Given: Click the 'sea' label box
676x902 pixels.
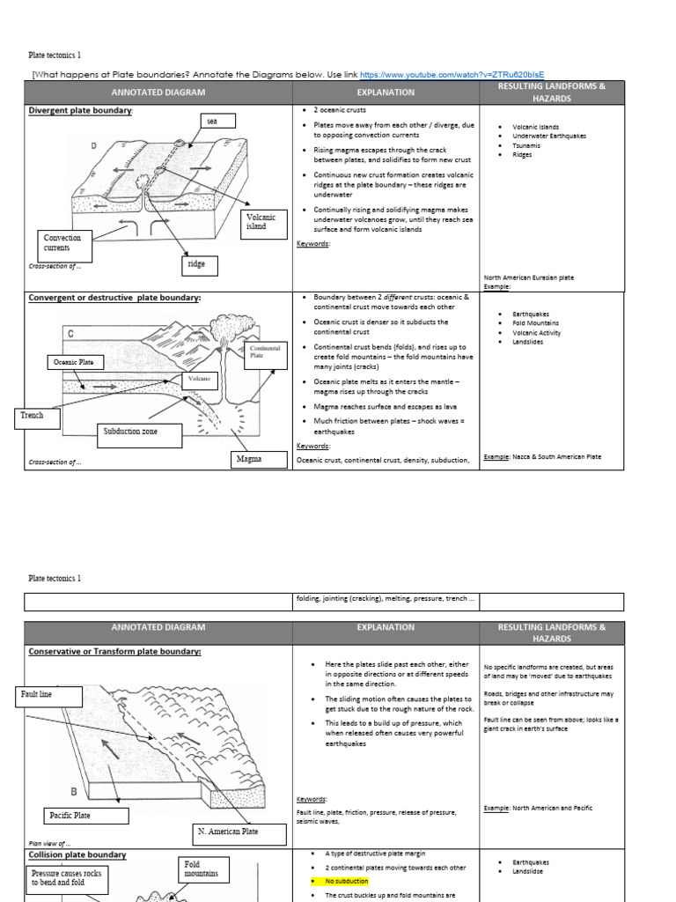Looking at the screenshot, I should click(211, 121).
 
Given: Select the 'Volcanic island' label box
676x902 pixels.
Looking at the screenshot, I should click(261, 221).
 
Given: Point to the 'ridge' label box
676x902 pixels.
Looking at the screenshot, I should click(195, 263).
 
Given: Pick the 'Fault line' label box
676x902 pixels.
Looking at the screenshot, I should click(50, 696).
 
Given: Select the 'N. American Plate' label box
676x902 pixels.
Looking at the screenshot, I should click(224, 832).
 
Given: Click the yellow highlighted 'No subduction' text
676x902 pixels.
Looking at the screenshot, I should click(347, 881).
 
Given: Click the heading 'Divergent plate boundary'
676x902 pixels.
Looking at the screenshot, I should click(81, 110).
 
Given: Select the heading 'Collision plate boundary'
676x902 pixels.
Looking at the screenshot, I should click(77, 854).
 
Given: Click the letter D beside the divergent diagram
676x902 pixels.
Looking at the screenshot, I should click(93, 146).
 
